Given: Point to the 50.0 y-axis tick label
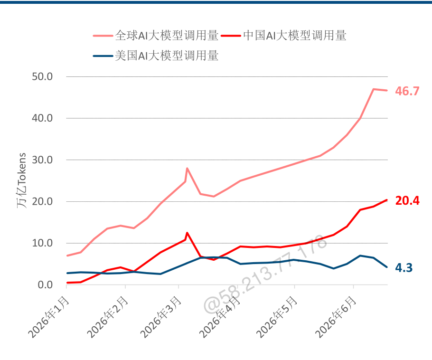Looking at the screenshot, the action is (x=42, y=76).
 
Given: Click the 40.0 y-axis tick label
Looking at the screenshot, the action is (x=42, y=118).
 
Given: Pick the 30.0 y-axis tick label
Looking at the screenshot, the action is (x=42, y=160).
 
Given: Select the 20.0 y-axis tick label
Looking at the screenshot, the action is (x=42, y=201).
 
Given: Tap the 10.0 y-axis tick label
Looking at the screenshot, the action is (x=42, y=243).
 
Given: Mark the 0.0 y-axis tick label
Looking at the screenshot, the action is (x=45, y=285).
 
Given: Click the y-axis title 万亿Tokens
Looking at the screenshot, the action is (x=21, y=180).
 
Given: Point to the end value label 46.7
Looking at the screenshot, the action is (x=407, y=91).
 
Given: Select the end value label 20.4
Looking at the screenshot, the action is (x=407, y=200).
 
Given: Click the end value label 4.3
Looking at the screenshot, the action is (x=404, y=268).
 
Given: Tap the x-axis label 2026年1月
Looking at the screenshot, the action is (x=48, y=317).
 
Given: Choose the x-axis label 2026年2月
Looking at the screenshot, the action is (x=107, y=317).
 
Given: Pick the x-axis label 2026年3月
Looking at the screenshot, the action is (x=160, y=317).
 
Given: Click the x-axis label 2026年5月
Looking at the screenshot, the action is (x=277, y=317).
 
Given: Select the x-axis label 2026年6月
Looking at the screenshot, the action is (x=336, y=317).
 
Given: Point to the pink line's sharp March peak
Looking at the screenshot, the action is (x=188, y=168).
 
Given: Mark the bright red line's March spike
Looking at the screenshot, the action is (x=188, y=233).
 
